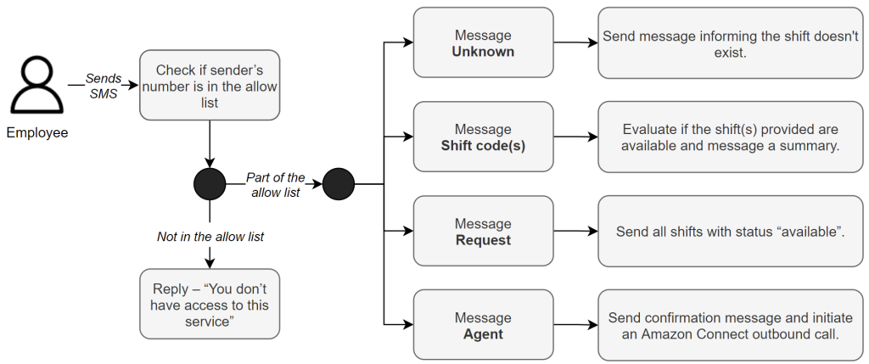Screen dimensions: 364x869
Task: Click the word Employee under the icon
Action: tap(36, 133)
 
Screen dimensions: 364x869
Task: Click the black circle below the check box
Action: tap(210, 183)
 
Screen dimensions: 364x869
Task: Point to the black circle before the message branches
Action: tap(338, 183)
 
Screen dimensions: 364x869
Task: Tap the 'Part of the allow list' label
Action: tap(275, 185)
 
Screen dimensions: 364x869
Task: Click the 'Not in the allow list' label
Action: tap(210, 237)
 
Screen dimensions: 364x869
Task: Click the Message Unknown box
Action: tap(483, 42)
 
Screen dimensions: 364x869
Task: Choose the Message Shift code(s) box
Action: tap(483, 137)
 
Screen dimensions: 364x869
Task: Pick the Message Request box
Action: tap(483, 231)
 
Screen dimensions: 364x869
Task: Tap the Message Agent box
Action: tap(483, 325)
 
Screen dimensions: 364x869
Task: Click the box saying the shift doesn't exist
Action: tap(731, 42)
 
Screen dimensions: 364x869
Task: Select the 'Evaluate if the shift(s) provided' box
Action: tap(731, 137)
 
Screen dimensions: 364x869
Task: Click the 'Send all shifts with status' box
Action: tap(731, 231)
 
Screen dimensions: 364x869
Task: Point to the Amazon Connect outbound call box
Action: tap(731, 325)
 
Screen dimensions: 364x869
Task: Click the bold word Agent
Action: tap(483, 334)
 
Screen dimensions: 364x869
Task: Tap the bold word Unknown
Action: tap(483, 52)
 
